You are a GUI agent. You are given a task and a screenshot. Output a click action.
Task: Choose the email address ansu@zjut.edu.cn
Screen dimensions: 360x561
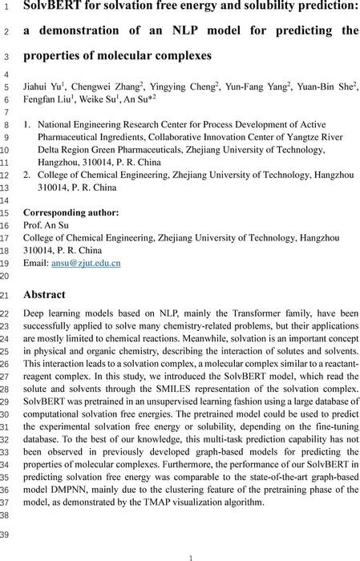85,262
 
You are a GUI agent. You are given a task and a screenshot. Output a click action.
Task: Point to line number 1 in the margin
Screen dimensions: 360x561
10,9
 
